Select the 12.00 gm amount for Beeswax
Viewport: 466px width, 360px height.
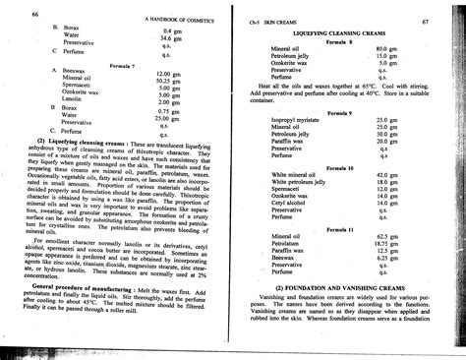pyautogui.click(x=168, y=74)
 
